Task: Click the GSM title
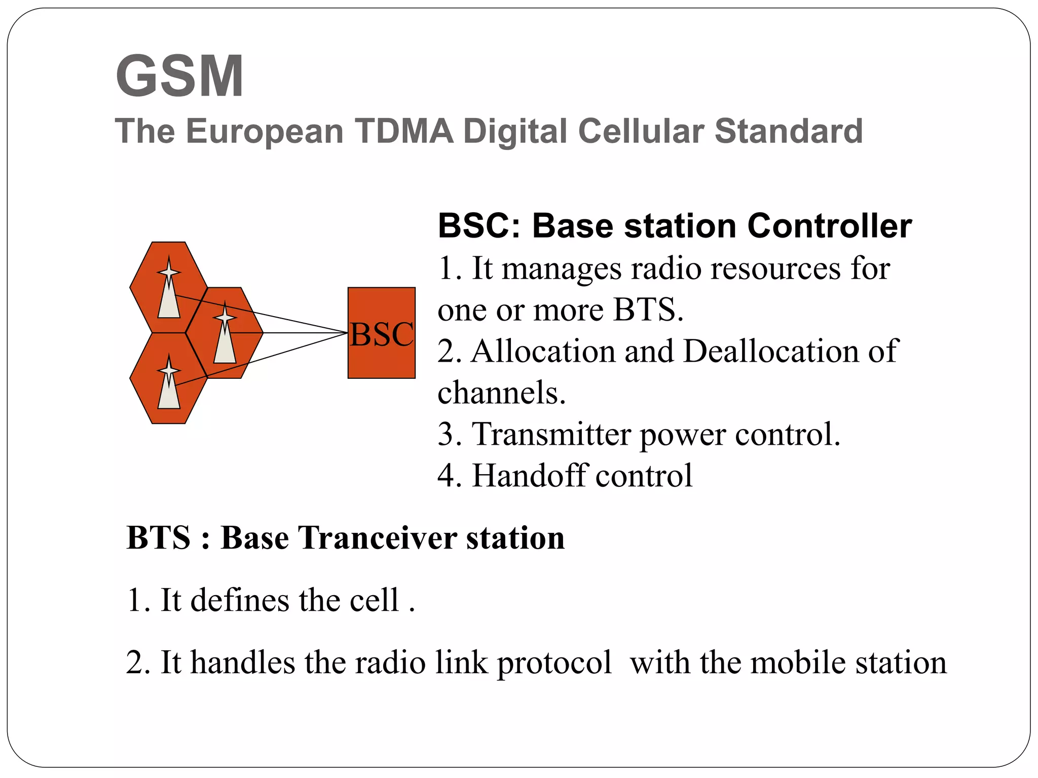[x=180, y=76]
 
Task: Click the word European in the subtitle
[x=265, y=132]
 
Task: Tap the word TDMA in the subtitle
[x=403, y=132]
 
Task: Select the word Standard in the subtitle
[x=788, y=132]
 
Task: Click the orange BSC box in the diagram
[x=381, y=333]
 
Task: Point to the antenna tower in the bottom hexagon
[x=169, y=385]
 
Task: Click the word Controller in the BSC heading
[x=829, y=226]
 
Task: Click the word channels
[x=501, y=393]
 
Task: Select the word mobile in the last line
[x=798, y=663]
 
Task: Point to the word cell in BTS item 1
[x=374, y=601]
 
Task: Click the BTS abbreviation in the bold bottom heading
[x=159, y=538]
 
